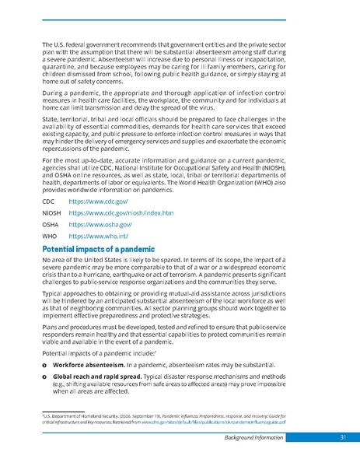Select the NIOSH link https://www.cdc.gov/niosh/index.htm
point(121,212)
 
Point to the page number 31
point(342,437)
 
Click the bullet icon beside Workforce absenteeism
point(44,364)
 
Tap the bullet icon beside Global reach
point(44,376)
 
